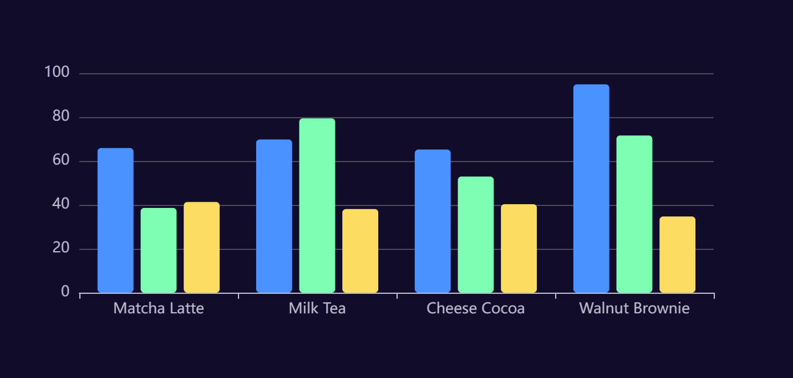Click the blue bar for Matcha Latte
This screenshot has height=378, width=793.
pos(115,220)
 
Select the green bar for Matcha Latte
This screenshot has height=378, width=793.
pos(159,250)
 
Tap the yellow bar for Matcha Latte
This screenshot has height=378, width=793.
pos(201,247)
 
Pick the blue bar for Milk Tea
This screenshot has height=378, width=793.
pos(274,216)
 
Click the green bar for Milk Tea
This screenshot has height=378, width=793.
pos(317,205)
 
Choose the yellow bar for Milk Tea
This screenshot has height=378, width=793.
pos(360,251)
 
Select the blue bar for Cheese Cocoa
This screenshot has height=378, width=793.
pos(432,221)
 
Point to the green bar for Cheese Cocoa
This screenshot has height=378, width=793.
pos(476,234)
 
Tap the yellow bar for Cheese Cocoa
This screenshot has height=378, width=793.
pos(518,248)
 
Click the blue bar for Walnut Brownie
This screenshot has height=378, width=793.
pos(591,188)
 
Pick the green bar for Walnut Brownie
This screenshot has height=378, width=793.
pos(634,214)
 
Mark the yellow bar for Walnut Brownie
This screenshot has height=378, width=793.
pos(677,254)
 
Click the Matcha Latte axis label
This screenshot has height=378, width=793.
pos(159,308)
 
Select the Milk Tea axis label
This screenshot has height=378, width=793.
pos(317,308)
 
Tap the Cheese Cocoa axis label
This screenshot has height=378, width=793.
pos(476,308)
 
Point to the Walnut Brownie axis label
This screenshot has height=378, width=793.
pos(634,308)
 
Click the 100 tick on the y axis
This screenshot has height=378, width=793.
pos(57,73)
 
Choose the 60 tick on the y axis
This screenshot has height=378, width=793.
pos(60,161)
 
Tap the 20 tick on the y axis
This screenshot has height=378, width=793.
pos(60,249)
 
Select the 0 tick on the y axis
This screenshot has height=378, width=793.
pos(65,293)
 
